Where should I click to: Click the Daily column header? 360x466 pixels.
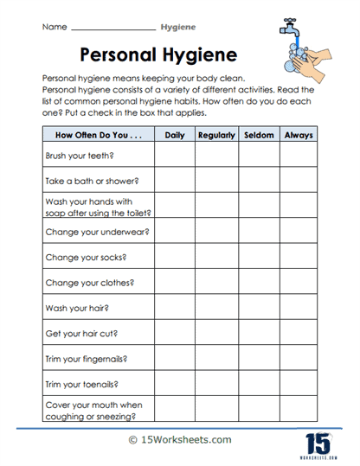175,135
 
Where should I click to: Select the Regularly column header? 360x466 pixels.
216,135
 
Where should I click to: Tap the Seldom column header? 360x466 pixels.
258,135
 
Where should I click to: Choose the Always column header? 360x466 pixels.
299,135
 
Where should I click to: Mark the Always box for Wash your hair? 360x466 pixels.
299,307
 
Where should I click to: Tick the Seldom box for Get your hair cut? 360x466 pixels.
258,332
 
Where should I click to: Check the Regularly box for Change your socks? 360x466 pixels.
216,257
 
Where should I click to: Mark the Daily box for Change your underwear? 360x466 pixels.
175,232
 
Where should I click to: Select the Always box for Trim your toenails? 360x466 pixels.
299,382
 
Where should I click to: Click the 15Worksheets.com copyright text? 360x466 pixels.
178,439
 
